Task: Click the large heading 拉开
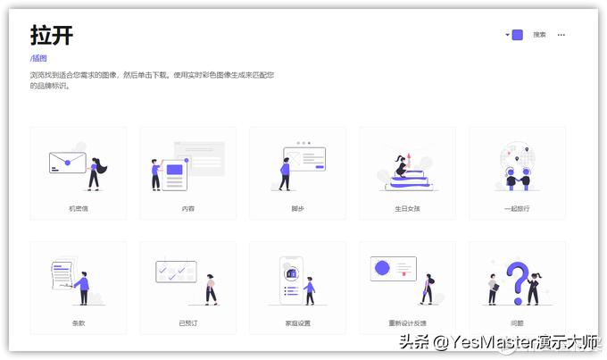click(x=51, y=35)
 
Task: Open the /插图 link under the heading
click(x=38, y=59)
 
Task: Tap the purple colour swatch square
click(x=517, y=35)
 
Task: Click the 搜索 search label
click(x=539, y=35)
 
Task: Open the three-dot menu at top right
click(x=561, y=35)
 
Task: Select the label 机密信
click(x=79, y=208)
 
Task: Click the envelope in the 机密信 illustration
click(x=67, y=163)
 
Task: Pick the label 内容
click(x=187, y=208)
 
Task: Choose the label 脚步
click(x=297, y=208)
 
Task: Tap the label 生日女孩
click(x=407, y=208)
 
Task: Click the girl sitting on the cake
click(x=401, y=165)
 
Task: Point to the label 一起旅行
click(x=517, y=208)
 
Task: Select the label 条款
click(x=79, y=322)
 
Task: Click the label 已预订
click(x=187, y=322)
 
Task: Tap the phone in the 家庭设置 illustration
click(x=289, y=280)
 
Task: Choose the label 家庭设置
click(x=297, y=322)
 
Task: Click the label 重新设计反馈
click(x=407, y=322)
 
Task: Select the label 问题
click(x=517, y=322)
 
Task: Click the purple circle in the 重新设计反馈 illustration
click(x=383, y=268)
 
